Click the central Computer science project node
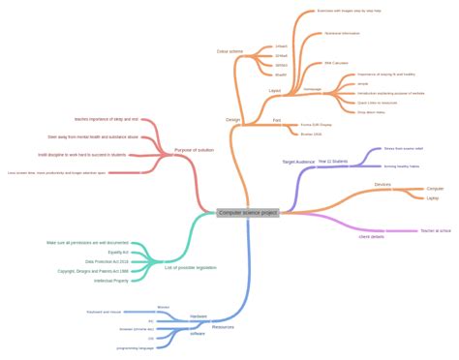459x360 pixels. (248, 212)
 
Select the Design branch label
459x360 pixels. (232, 120)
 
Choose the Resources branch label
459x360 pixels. (223, 327)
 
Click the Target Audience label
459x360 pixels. (298, 162)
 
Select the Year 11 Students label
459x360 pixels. (332, 161)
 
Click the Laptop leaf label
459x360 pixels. (432, 197)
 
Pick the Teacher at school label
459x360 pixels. (436, 230)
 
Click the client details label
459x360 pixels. (371, 236)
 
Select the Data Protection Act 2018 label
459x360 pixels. (107, 261)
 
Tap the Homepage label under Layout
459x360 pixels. (313, 88)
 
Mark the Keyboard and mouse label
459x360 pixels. (103, 313)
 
